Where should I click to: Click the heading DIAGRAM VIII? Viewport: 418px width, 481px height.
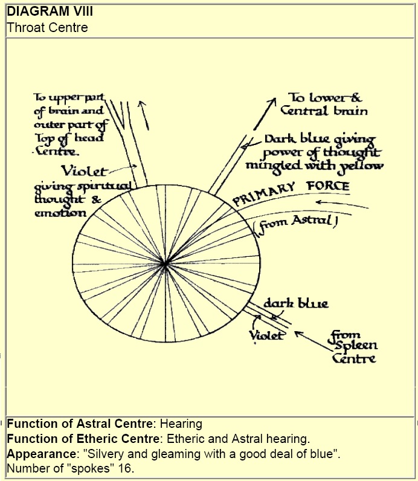coord(42,11)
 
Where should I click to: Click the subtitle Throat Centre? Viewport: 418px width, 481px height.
coord(47,27)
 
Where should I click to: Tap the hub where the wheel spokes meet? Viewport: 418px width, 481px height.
coord(164,263)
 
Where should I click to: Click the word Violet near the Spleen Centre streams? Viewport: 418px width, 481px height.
coord(266,334)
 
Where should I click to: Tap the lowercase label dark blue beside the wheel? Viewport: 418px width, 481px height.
coord(295,303)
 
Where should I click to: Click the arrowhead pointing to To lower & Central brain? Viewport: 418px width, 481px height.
coord(274,99)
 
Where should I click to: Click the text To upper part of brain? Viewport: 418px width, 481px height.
coord(68,105)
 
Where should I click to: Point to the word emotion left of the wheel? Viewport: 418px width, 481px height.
coord(60,213)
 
